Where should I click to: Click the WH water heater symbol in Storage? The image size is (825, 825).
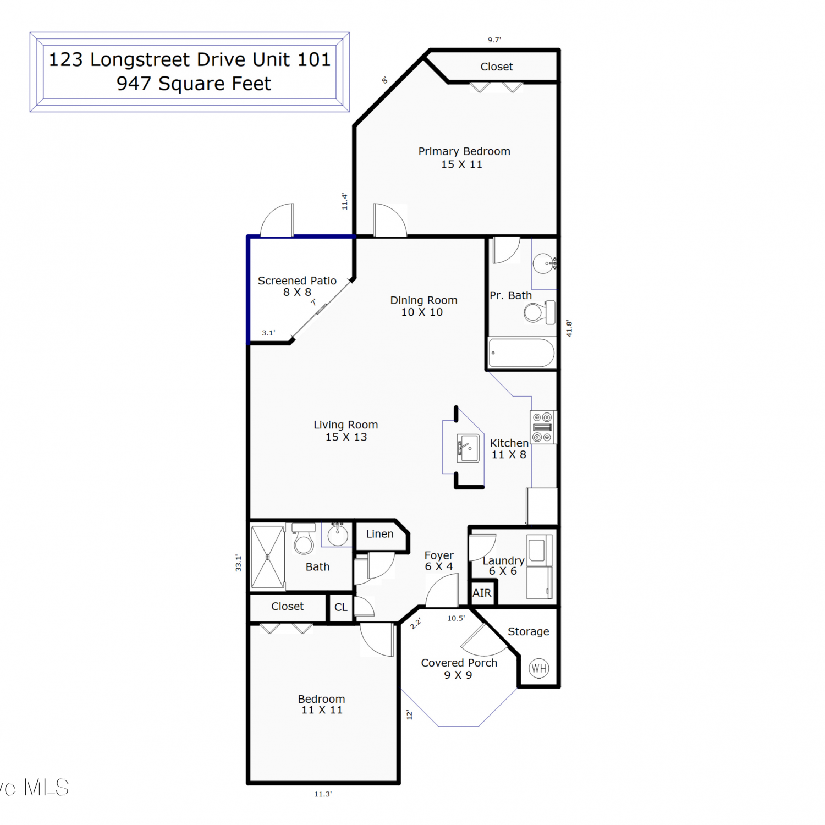coord(538,668)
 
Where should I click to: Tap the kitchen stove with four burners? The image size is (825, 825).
coord(542,427)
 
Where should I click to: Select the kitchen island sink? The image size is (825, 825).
coord(468,448)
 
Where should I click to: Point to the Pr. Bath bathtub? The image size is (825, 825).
coord(522,353)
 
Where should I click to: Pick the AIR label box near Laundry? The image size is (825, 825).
coord(482,593)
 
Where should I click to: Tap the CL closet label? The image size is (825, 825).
coord(341,607)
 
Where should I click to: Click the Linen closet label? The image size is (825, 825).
coord(380,534)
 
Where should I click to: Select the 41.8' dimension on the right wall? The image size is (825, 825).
coord(569,329)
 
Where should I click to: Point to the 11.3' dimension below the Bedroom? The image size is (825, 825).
coord(323,794)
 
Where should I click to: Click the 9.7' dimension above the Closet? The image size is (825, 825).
coord(494,40)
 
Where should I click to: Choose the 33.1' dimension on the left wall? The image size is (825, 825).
coord(238,563)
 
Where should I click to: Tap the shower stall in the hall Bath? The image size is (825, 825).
coord(268,557)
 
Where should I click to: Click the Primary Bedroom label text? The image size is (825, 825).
coord(464,151)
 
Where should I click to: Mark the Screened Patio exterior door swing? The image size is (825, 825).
coord(277,220)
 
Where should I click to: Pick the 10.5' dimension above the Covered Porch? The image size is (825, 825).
coord(456,618)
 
